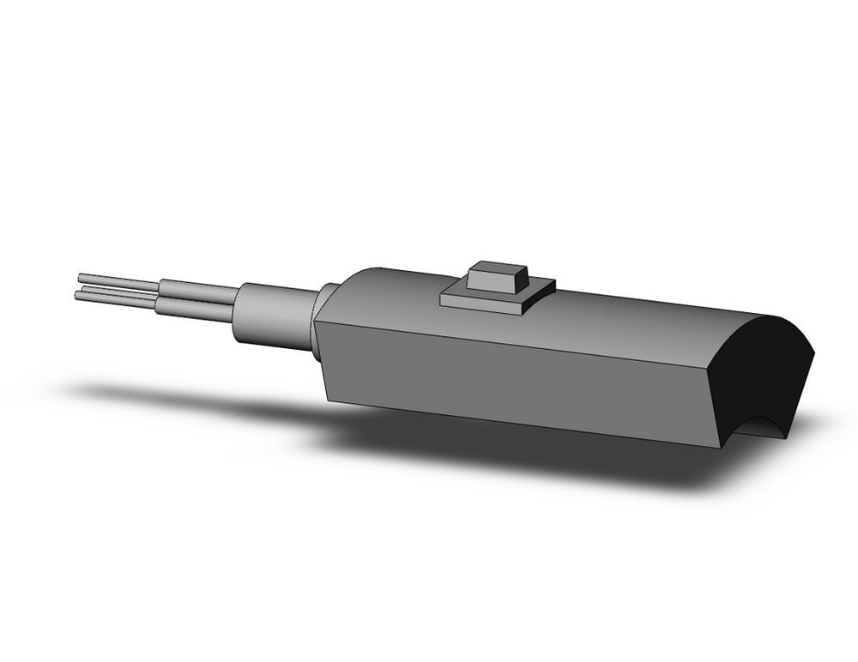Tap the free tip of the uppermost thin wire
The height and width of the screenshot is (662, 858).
[80, 276]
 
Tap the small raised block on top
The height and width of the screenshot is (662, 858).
[494, 276]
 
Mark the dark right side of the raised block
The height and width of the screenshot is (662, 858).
[522, 280]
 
